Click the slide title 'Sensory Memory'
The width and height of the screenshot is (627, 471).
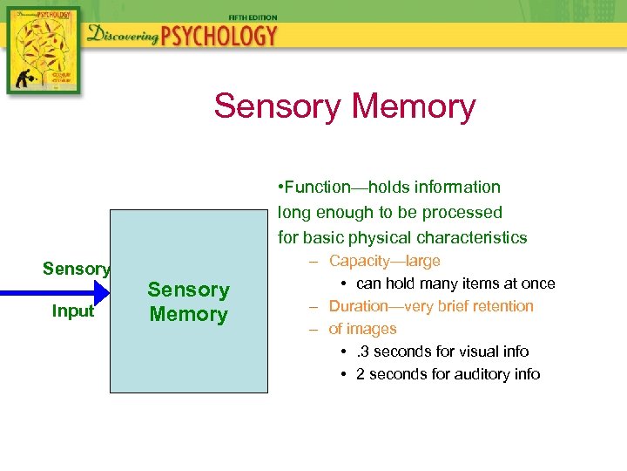pos(345,106)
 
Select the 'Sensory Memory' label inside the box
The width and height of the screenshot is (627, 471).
pos(188,302)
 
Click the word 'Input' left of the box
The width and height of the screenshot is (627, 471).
pos(73,311)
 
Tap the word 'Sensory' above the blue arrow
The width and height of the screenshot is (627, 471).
pos(76,269)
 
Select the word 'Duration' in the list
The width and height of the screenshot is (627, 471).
pos(361,306)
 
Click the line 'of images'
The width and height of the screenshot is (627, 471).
pos(362,329)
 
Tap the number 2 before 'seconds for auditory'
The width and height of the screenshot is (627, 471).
pos(361,374)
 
